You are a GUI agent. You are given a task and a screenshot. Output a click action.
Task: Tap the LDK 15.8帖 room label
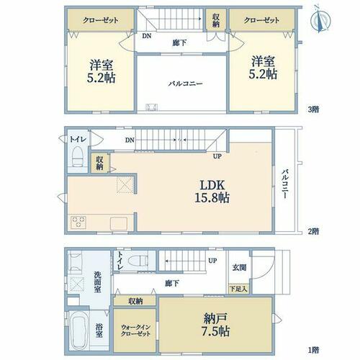pos(212,192)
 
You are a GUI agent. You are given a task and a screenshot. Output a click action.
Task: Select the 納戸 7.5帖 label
pos(215,325)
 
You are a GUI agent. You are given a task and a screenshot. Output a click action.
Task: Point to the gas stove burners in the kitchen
pos(78,222)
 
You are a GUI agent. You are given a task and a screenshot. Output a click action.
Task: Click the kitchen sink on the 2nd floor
pos(119,223)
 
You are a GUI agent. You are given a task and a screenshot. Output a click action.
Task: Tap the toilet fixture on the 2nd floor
pos(77,157)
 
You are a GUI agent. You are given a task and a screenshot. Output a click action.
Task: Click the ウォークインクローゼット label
pos(135,330)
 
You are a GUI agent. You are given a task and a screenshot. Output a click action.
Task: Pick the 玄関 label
pos(239,267)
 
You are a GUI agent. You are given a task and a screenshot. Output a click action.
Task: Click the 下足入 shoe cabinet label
pos(238,289)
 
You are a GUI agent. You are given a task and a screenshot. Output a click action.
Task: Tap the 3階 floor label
pos(314,109)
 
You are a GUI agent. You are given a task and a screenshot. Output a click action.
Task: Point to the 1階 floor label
pos(314,350)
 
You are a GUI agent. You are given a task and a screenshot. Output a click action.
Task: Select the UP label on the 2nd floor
pos(217,156)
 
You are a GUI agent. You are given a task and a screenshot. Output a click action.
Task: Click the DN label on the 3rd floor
pos(147,36)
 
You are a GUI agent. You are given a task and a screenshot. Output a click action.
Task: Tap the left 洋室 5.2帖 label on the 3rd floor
pos(101,71)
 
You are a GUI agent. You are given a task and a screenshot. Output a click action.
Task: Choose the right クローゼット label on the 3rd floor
pos(261,20)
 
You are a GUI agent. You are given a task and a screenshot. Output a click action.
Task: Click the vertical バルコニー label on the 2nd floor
pos(285,184)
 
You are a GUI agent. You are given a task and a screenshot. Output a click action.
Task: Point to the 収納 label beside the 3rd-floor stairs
pos(216,20)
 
